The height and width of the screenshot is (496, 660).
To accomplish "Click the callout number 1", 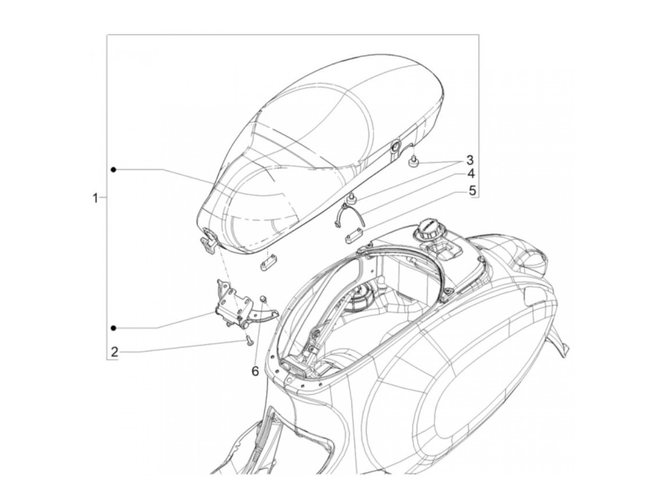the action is click(95, 198).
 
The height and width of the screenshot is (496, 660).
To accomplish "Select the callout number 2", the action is click(114, 351).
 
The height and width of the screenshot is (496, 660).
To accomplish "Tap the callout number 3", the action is click(470, 159).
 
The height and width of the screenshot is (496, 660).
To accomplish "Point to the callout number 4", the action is click(470, 174).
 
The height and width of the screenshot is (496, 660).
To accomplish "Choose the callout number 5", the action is click(470, 190).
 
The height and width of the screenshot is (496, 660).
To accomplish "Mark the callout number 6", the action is click(255, 372).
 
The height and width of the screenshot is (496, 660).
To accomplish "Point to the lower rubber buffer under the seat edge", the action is click(351, 202).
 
